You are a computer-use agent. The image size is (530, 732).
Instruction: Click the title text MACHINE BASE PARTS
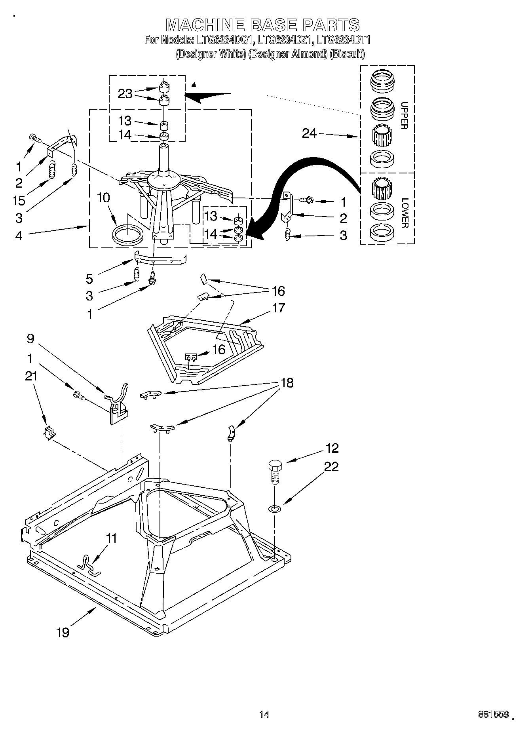point(262,25)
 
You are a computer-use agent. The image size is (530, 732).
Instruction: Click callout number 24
point(309,133)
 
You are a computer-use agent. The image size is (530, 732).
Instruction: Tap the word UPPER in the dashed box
point(404,115)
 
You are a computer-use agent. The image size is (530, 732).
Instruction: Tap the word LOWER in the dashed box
point(404,213)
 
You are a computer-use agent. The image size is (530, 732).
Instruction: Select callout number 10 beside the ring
point(103,198)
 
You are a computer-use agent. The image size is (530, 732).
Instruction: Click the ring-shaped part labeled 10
point(127,235)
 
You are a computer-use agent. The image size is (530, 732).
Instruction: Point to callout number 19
point(63,632)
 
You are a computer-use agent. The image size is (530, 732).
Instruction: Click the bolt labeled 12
point(274,470)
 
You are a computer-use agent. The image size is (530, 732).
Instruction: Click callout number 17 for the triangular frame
point(278,308)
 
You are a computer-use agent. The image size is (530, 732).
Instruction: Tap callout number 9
point(30,338)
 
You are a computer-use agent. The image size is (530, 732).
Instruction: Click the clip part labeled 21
point(49,433)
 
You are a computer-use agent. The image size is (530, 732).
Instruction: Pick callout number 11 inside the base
point(112,538)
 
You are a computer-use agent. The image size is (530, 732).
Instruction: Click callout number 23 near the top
point(125,94)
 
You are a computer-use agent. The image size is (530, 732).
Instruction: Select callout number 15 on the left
point(18,200)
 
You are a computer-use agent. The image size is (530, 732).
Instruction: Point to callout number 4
point(19,236)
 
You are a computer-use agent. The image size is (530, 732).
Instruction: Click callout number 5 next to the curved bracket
point(89,279)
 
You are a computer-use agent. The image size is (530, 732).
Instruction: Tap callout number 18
point(287,383)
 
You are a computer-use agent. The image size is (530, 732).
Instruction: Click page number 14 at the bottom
point(264,714)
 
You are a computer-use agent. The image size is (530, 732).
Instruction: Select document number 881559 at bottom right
point(493,714)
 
